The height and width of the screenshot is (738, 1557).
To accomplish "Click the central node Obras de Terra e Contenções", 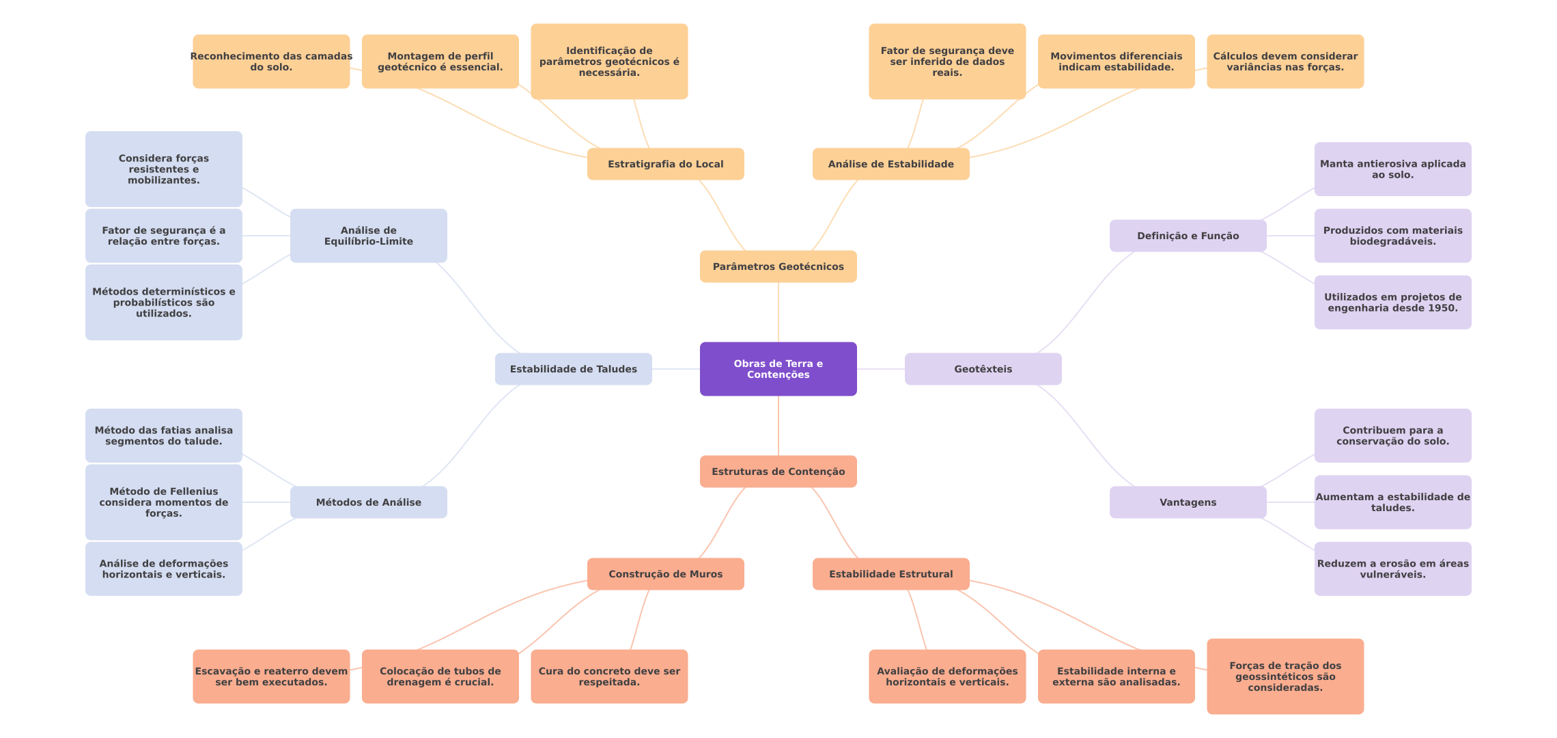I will [x=778, y=369].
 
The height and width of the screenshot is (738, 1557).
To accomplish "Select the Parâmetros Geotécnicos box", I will [x=778, y=266].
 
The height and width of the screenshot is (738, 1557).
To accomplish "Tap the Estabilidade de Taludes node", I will [x=573, y=369].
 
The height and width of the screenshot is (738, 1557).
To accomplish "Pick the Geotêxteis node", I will [x=983, y=369].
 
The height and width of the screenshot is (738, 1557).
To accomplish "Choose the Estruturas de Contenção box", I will [x=778, y=471].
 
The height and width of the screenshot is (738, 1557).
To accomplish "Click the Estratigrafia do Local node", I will [x=665, y=164].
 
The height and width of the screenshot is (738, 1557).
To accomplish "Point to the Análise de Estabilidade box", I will [x=890, y=164].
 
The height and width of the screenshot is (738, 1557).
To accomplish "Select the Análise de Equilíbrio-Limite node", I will [x=368, y=236].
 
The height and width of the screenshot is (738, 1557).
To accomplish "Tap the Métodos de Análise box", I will [x=368, y=502].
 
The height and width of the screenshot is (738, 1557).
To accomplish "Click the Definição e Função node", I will [x=1188, y=236].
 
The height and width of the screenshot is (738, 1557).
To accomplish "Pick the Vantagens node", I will [x=1188, y=502].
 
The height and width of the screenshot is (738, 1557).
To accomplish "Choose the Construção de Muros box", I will [x=665, y=574].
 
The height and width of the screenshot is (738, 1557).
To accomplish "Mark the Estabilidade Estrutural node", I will [x=890, y=574].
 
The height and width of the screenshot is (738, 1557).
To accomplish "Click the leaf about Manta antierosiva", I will [x=1392, y=169].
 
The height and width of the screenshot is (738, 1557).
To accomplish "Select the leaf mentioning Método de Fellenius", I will [x=163, y=502].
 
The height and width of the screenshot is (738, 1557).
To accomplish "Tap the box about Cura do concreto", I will [x=609, y=676].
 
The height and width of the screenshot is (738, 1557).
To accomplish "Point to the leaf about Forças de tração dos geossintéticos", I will [x=1285, y=676].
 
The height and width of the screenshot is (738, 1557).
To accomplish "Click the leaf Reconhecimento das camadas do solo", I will [x=271, y=61].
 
